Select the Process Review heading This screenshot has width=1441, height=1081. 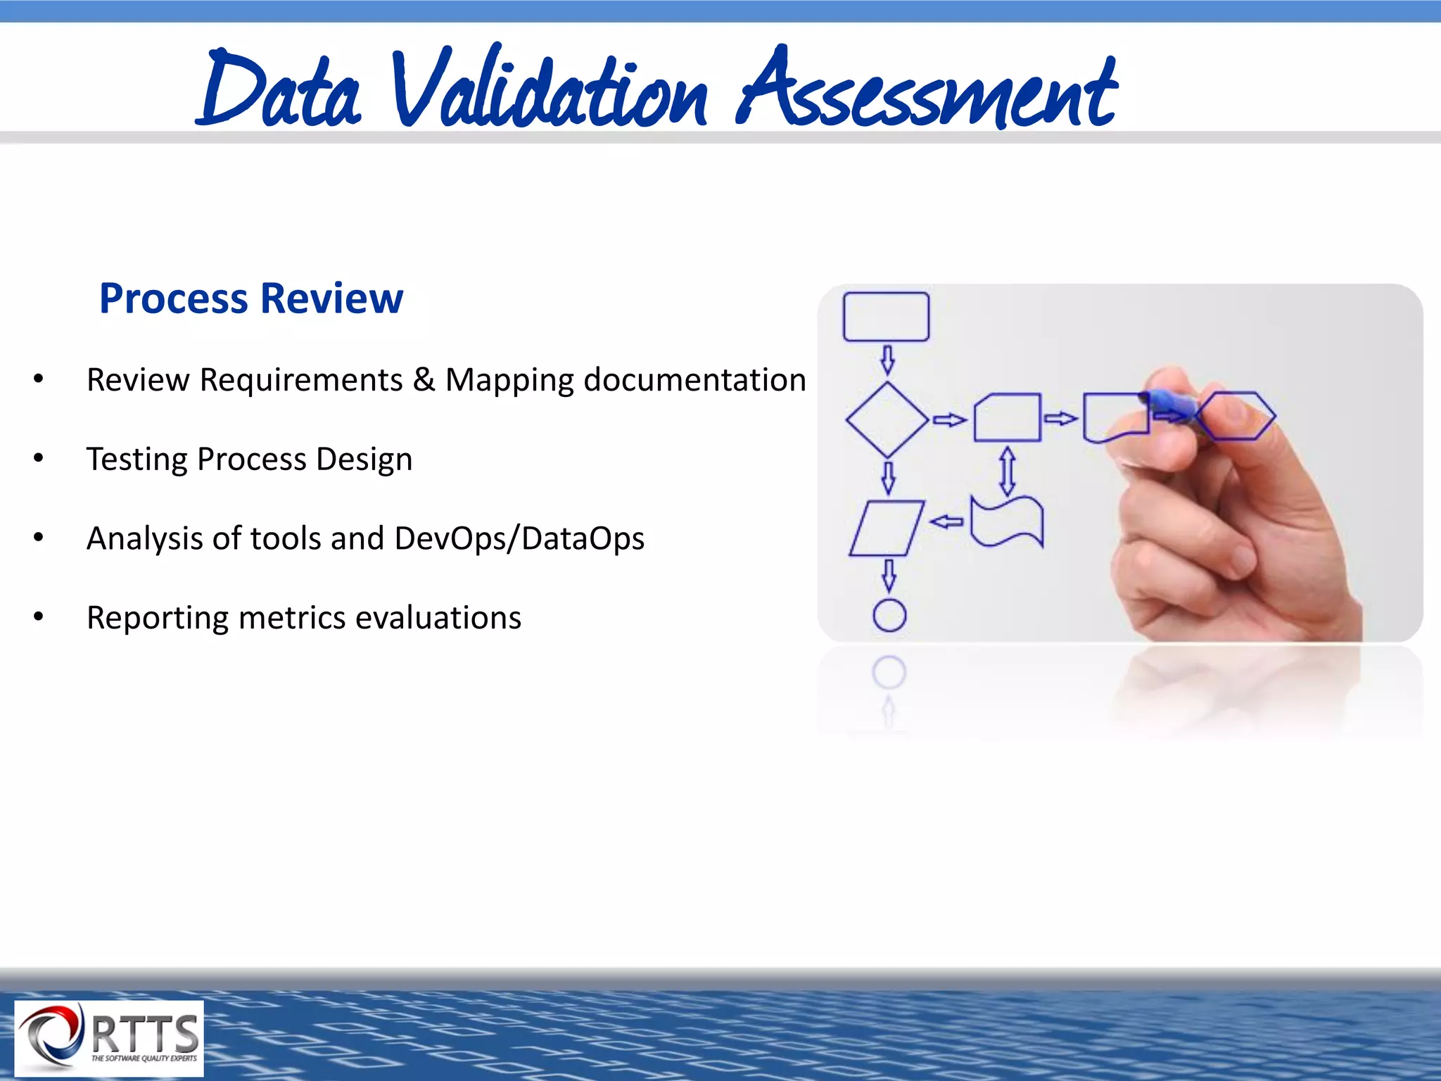(251, 298)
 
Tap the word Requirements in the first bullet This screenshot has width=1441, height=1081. (301, 380)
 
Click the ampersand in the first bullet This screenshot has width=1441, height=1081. (424, 380)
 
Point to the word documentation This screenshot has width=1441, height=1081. (694, 380)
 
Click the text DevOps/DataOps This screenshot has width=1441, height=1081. (519, 538)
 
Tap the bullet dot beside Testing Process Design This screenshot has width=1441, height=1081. (39, 459)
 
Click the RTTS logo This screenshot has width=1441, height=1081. (109, 1038)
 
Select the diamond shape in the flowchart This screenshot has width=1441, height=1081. (887, 420)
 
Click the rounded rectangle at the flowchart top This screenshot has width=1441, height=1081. (886, 317)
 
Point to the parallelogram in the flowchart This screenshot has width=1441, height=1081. (886, 529)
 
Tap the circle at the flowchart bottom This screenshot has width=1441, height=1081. (889, 616)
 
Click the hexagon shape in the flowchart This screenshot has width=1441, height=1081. (1236, 416)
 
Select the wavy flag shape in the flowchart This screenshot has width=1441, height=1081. (1007, 521)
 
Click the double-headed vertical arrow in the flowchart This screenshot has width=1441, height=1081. (1008, 471)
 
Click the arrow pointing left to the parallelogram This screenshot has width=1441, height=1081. (946, 521)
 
